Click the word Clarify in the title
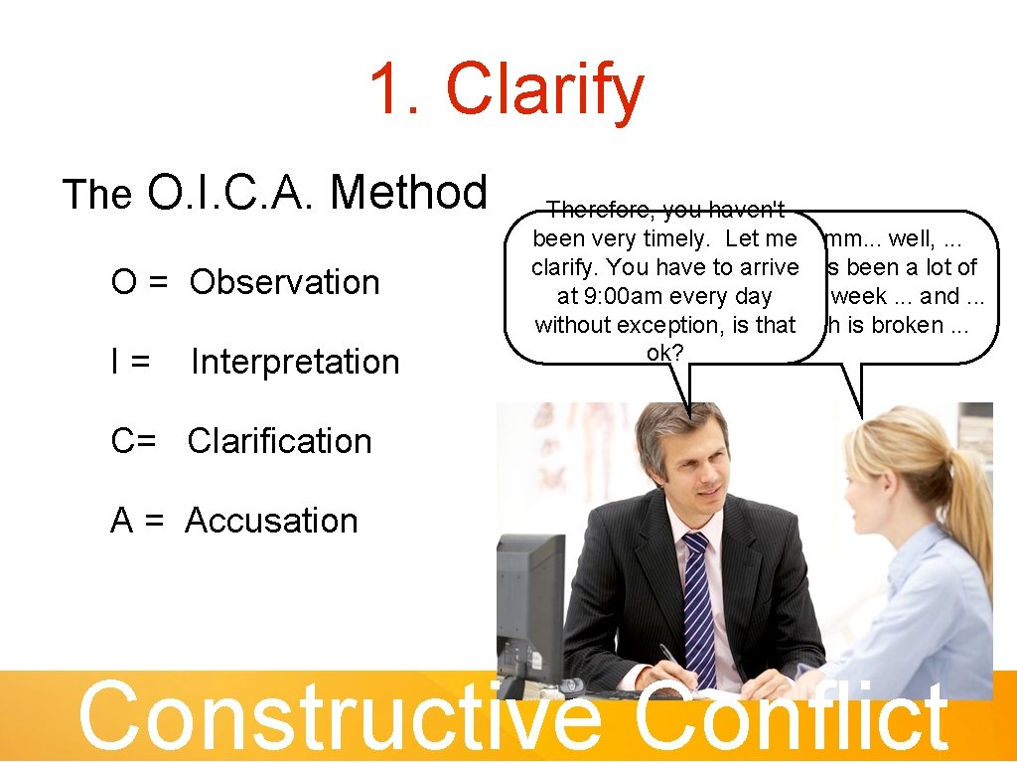(545, 90)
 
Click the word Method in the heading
(408, 192)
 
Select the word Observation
(284, 282)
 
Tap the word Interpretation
(295, 362)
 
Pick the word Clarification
(279, 441)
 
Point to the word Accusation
(271, 521)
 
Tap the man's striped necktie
(698, 606)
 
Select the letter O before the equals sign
(124, 282)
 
